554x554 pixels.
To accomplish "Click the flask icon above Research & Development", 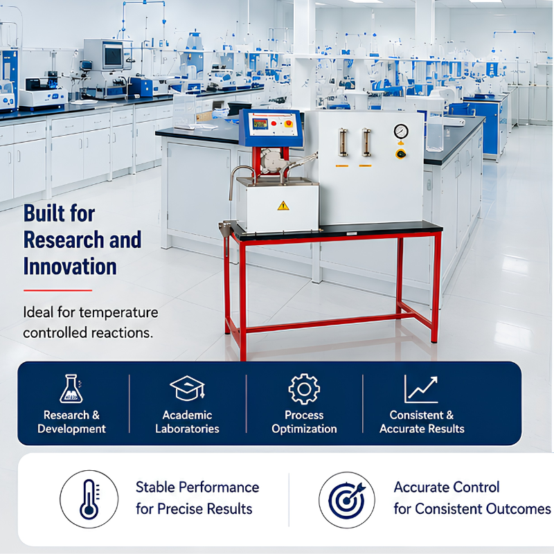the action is [x=71, y=388].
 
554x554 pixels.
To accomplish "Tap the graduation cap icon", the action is [x=187, y=388].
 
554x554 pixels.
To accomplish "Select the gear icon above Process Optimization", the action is [x=304, y=389].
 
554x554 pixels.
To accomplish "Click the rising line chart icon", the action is [x=421, y=389].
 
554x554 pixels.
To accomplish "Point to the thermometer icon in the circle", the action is [x=89, y=499].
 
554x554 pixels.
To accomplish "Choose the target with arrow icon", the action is [x=347, y=499].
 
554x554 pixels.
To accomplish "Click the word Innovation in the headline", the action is [x=70, y=267].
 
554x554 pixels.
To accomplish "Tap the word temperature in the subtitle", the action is [x=118, y=313].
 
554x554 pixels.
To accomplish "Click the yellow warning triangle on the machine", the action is [x=283, y=206].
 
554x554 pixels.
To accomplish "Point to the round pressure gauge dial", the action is [x=401, y=132].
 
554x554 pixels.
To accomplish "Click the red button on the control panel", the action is [x=274, y=124].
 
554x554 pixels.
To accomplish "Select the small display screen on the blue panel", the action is [x=260, y=124].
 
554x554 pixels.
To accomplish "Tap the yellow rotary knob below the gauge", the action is [x=401, y=154].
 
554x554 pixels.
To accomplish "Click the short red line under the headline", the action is [x=57, y=290].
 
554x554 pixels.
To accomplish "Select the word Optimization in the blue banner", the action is [x=304, y=429].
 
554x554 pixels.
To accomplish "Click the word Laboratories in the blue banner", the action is [x=187, y=429].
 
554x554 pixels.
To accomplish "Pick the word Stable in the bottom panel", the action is [x=155, y=488].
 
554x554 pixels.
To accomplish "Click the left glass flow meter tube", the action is [x=343, y=143].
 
